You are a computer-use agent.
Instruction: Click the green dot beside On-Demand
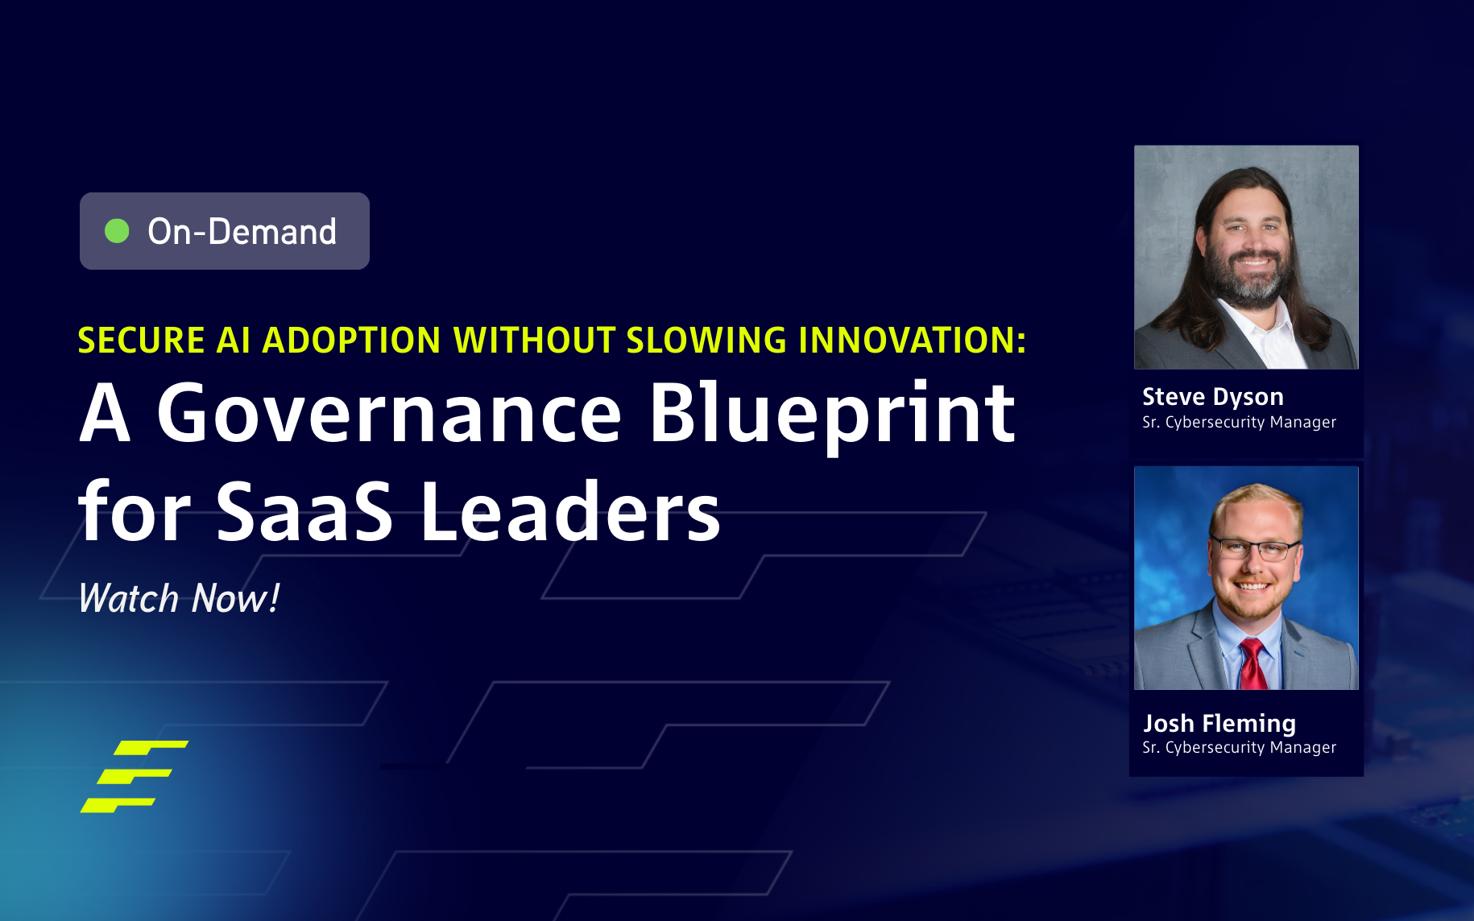pos(117,231)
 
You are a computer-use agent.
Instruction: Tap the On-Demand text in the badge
pos(242,232)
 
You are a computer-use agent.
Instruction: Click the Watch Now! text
pos(179,599)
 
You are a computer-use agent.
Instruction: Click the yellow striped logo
pos(134,776)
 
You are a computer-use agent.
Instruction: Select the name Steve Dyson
pos(1212,397)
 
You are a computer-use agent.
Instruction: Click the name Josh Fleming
pos(1219,723)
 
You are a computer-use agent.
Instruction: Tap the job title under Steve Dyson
pos(1239,423)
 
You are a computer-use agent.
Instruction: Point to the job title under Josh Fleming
pos(1239,748)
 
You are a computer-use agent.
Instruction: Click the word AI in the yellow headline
pos(234,341)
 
